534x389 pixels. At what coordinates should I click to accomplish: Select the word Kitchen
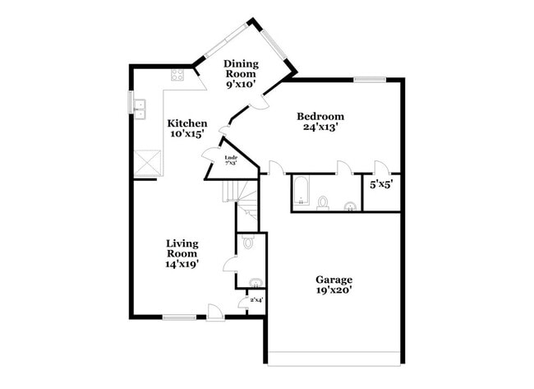[187, 123]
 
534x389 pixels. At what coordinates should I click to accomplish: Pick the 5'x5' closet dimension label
[380, 185]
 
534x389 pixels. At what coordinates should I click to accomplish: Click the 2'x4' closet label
[256, 301]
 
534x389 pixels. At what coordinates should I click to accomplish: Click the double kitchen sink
[139, 104]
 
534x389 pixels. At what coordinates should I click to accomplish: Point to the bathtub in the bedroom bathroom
[300, 192]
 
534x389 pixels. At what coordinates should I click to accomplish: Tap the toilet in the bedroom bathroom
[323, 202]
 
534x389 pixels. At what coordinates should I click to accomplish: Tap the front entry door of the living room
[214, 313]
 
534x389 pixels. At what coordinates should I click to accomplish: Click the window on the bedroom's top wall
[370, 79]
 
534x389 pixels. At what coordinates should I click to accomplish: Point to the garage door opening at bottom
[334, 359]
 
